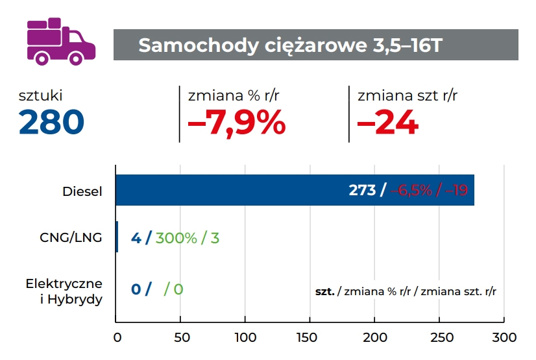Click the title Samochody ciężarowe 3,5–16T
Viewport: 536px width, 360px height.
click(x=291, y=45)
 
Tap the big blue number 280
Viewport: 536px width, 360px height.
click(x=52, y=122)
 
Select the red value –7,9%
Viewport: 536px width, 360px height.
click(x=236, y=122)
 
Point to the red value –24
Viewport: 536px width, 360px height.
click(x=387, y=122)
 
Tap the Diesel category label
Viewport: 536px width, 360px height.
click(x=82, y=191)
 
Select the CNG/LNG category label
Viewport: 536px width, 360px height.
click(x=71, y=237)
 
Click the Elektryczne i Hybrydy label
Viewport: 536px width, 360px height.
click(x=64, y=292)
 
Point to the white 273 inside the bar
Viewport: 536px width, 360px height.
click(x=362, y=190)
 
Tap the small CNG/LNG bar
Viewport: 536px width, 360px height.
click(x=117, y=237)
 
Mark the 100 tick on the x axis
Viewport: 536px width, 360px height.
click(x=245, y=337)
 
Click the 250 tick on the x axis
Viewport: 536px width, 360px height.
click(x=439, y=337)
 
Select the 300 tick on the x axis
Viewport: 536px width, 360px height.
click(x=504, y=337)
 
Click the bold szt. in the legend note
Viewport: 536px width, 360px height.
click(x=325, y=291)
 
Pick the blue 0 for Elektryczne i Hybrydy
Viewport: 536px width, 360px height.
click(x=136, y=289)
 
